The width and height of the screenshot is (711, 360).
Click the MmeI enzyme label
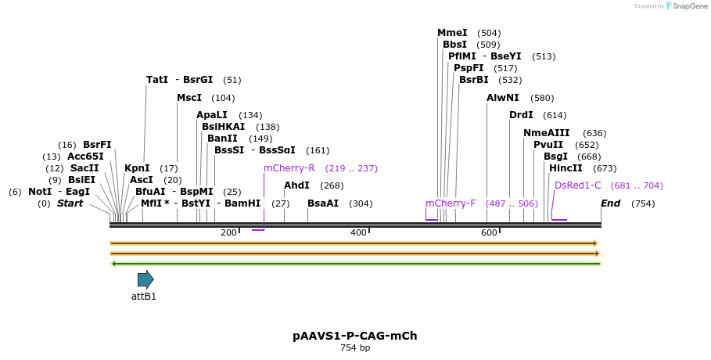[452, 33]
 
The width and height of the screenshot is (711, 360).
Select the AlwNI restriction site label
[502, 98]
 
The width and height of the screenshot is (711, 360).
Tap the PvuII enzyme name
[548, 145]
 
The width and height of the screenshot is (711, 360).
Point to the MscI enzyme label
[189, 98]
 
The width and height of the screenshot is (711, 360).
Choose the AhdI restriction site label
[296, 185]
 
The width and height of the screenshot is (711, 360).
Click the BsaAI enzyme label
[322, 203]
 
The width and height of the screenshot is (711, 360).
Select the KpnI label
[137, 168]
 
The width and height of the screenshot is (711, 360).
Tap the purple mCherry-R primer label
[289, 168]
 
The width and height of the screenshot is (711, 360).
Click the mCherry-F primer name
[451, 203]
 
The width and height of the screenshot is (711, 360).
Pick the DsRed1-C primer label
[577, 185]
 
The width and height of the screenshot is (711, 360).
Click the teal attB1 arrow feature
[145, 279]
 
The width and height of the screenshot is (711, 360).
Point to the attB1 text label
[144, 297]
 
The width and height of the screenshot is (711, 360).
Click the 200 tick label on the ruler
[228, 232]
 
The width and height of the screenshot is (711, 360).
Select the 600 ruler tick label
[489, 232]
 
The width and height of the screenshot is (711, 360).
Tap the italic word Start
[70, 203]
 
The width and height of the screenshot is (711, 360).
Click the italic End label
[610, 203]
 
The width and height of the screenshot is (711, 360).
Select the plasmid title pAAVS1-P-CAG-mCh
[355, 336]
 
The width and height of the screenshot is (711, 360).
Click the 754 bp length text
[355, 347]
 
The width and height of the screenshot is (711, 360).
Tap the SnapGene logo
[685, 6]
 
